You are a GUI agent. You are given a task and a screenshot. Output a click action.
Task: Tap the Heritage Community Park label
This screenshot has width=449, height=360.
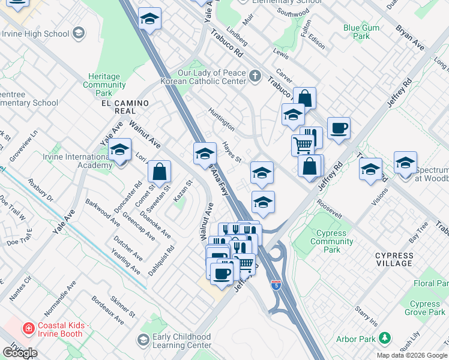[x=104, y=85]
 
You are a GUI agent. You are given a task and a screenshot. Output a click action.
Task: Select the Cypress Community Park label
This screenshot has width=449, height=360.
[x=331, y=238]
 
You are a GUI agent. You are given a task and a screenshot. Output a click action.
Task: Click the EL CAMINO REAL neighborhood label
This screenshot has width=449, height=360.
[x=124, y=107]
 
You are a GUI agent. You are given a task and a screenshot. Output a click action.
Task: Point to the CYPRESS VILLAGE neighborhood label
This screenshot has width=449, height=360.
[x=394, y=259]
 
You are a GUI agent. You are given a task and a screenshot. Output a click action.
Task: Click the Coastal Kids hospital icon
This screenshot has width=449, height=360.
[x=28, y=328]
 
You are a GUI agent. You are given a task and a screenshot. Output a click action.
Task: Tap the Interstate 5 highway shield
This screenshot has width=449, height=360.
[x=276, y=286]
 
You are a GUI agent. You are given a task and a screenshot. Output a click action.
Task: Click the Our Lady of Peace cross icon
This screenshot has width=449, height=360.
[x=255, y=76]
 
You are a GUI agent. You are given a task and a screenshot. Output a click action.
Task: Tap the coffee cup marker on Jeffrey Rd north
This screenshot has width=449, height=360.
[x=339, y=128]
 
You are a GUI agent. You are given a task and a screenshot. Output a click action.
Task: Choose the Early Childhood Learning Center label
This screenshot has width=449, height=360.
[x=181, y=341]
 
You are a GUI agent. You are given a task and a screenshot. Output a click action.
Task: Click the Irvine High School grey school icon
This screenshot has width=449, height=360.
[x=78, y=34]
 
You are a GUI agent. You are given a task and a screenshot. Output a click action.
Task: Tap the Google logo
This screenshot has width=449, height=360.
[x=20, y=353]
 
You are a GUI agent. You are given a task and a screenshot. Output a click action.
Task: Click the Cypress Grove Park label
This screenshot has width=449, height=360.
[x=425, y=308]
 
